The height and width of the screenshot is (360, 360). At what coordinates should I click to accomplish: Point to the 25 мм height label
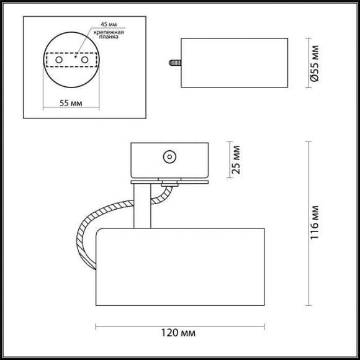(236, 160)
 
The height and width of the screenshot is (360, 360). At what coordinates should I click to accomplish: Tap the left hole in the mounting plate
(59, 60)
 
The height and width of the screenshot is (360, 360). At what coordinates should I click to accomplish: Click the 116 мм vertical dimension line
(308, 223)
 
